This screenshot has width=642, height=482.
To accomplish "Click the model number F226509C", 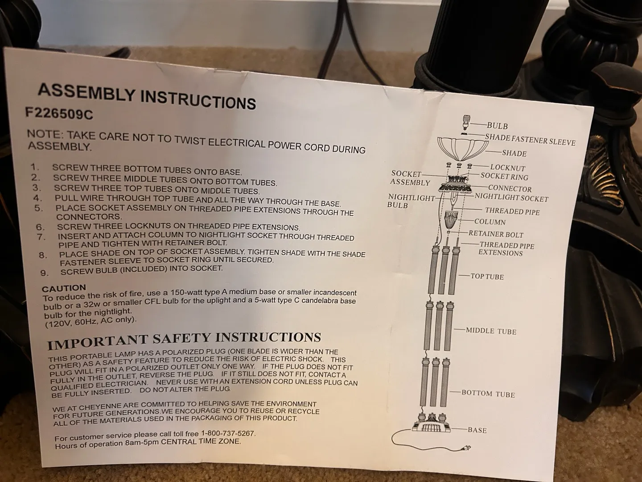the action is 59,113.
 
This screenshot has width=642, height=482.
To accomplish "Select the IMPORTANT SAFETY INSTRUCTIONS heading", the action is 184,340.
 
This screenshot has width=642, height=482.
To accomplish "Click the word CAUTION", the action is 64,288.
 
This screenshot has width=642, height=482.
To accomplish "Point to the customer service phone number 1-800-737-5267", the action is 228,433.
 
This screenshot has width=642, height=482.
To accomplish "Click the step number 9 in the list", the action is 44,273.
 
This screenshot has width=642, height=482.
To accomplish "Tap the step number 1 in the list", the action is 34,167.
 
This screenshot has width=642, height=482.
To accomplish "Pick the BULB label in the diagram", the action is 497,126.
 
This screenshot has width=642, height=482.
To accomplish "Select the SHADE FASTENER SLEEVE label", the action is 530,140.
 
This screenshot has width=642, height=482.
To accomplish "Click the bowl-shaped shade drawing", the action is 462,149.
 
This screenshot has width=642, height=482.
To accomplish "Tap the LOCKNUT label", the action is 508,168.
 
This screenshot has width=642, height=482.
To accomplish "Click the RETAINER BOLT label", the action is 496,234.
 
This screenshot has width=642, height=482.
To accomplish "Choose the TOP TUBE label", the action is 487,277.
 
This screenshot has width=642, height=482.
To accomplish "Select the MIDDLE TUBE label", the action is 491,331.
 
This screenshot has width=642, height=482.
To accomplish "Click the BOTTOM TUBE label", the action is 488,394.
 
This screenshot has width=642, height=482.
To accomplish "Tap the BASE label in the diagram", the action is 477,430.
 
